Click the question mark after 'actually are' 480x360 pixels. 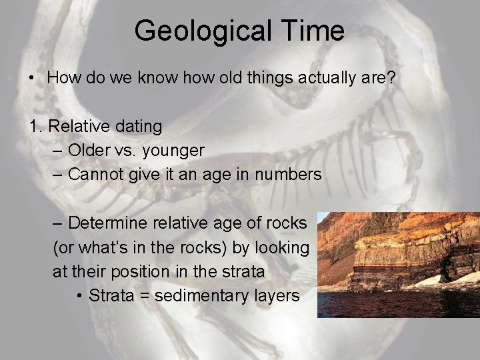pyautogui.click(x=391, y=78)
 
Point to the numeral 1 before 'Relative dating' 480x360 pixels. pyautogui.click(x=33, y=126)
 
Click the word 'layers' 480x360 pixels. pyautogui.click(x=277, y=295)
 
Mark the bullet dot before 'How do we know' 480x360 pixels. pyautogui.click(x=33, y=78)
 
